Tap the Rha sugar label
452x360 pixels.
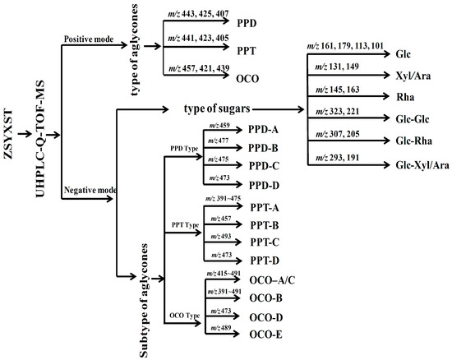click(x=403, y=95)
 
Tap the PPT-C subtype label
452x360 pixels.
click(x=266, y=243)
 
